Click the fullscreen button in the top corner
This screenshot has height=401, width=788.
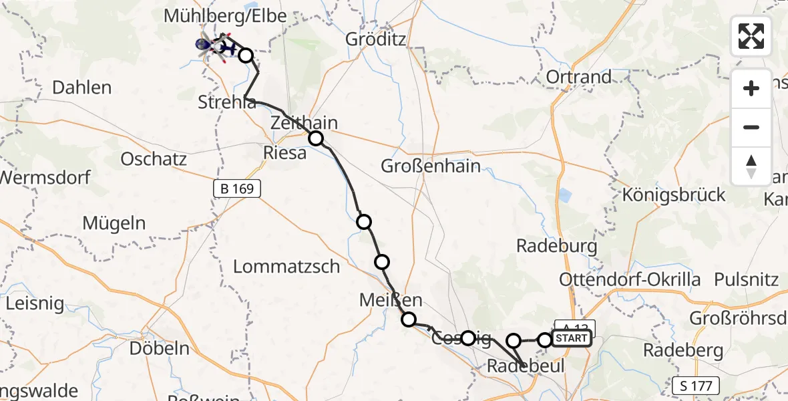pyautogui.click(x=751, y=36)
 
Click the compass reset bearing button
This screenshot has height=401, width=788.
pyautogui.click(x=751, y=166)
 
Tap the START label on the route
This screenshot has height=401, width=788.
pyautogui.click(x=571, y=339)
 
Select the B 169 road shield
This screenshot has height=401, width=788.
pyautogui.click(x=236, y=189)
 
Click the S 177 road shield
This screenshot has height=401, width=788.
pyautogui.click(x=696, y=385)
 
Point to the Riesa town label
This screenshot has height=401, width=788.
pyautogui.click(x=285, y=152)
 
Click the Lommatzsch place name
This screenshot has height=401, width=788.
pyautogui.click(x=286, y=267)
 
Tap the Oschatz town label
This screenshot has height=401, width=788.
pyautogui.click(x=154, y=159)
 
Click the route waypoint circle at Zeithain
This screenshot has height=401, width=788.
pyautogui.click(x=315, y=138)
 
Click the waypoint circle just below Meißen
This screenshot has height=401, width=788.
pyautogui.click(x=408, y=319)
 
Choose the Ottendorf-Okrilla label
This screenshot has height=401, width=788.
pyautogui.click(x=620, y=279)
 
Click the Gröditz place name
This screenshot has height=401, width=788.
pyautogui.click(x=375, y=39)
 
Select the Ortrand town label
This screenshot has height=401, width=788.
pyautogui.click(x=578, y=77)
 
